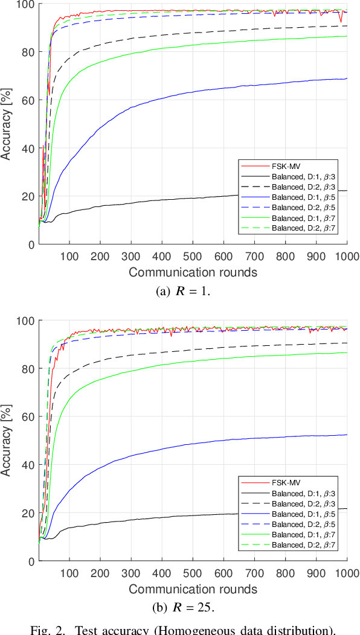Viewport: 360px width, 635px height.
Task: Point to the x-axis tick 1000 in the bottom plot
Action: click(x=347, y=572)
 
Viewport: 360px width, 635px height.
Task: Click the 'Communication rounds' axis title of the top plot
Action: click(x=193, y=272)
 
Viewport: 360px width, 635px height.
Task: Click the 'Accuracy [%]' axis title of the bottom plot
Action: click(x=8, y=441)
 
